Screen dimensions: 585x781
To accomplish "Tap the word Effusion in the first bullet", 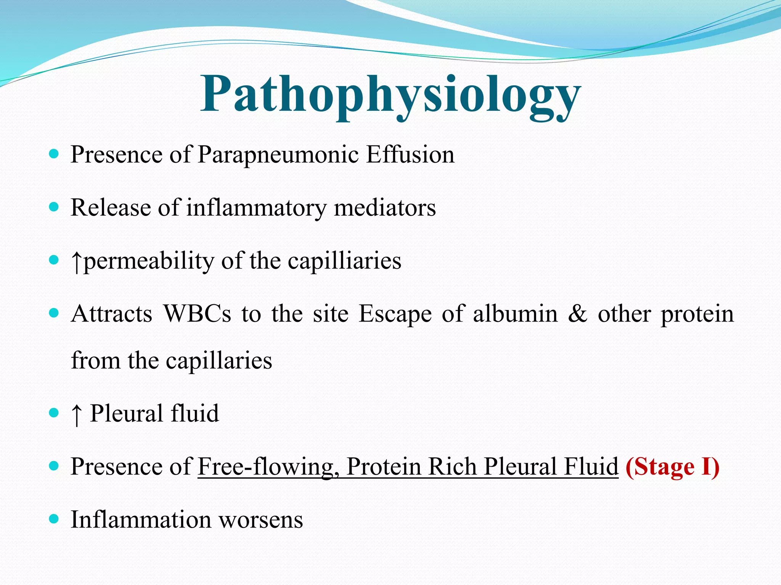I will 410,155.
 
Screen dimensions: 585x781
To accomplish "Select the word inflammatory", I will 256,208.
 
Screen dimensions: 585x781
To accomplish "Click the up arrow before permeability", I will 77,262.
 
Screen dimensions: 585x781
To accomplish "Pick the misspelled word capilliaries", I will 344,262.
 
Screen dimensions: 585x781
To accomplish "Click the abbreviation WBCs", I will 197,314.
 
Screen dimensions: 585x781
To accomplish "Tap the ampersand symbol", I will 577,314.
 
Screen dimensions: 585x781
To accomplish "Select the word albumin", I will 515,314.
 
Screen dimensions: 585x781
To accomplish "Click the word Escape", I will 395,314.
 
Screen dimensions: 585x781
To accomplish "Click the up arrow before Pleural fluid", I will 77,414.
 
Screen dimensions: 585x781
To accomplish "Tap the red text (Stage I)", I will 672,467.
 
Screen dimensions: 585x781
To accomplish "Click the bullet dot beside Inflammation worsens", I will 54,519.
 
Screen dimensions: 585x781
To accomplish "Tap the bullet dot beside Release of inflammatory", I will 54,207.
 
